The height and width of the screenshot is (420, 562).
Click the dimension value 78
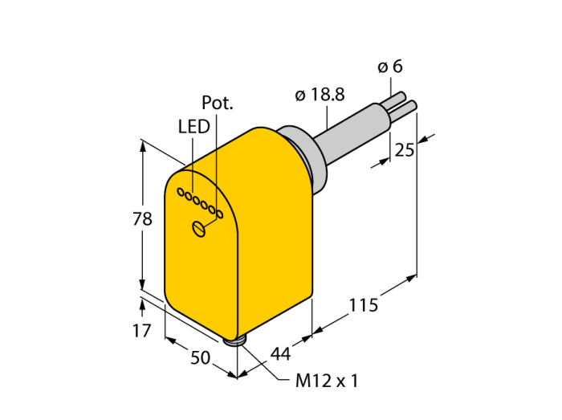click(142, 218)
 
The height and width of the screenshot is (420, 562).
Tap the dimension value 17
click(142, 331)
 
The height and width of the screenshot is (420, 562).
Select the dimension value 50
click(200, 357)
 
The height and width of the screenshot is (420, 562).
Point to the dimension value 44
click(280, 353)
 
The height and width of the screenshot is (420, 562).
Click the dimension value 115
click(364, 305)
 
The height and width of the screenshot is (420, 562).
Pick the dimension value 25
click(405, 150)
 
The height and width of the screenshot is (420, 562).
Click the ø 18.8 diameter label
click(320, 95)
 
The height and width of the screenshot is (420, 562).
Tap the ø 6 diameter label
click(390, 67)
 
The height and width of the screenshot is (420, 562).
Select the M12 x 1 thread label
click(327, 381)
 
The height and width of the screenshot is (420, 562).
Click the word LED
click(194, 127)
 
